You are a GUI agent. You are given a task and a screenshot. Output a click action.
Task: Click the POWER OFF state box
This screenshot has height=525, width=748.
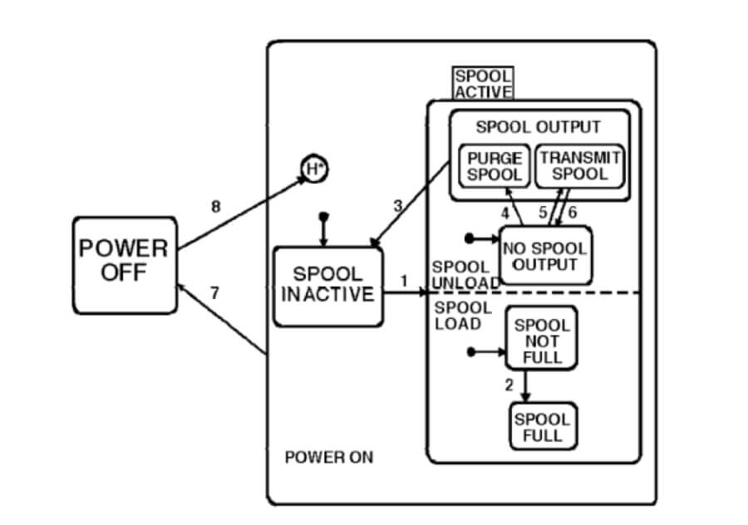click(124, 265)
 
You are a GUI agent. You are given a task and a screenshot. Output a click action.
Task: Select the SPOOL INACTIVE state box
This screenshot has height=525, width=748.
click(327, 285)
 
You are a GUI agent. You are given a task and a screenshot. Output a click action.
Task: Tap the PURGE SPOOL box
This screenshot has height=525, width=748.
click(495, 165)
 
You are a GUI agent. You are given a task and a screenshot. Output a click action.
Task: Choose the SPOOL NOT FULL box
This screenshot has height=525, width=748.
click(542, 341)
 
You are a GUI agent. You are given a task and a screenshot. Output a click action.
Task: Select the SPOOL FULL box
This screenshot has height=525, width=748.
click(542, 426)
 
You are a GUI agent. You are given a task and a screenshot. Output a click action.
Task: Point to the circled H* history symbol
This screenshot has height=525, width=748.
click(314, 170)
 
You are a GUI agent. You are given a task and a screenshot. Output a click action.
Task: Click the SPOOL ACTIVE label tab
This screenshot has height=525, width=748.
click(483, 84)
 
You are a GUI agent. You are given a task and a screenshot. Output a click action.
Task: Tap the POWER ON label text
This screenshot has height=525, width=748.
click(329, 457)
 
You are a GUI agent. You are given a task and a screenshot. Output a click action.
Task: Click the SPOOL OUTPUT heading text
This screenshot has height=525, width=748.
click(538, 127)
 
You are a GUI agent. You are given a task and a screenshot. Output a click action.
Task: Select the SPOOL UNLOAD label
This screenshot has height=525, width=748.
click(461, 275)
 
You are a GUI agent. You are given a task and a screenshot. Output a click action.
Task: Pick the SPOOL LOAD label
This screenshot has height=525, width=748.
click(461, 316)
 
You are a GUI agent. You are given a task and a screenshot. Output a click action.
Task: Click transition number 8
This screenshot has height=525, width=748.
click(215, 207)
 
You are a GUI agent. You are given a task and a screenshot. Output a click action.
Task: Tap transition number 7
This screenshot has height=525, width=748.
click(214, 292)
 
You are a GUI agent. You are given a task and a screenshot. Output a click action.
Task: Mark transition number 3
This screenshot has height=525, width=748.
click(397, 205)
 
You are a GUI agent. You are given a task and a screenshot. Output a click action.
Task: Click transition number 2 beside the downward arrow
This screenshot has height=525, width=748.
click(509, 384)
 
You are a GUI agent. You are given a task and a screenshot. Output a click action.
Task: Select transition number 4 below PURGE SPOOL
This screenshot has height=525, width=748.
click(504, 212)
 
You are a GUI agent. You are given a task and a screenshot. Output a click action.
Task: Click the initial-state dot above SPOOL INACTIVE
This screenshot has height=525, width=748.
click(324, 217)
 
